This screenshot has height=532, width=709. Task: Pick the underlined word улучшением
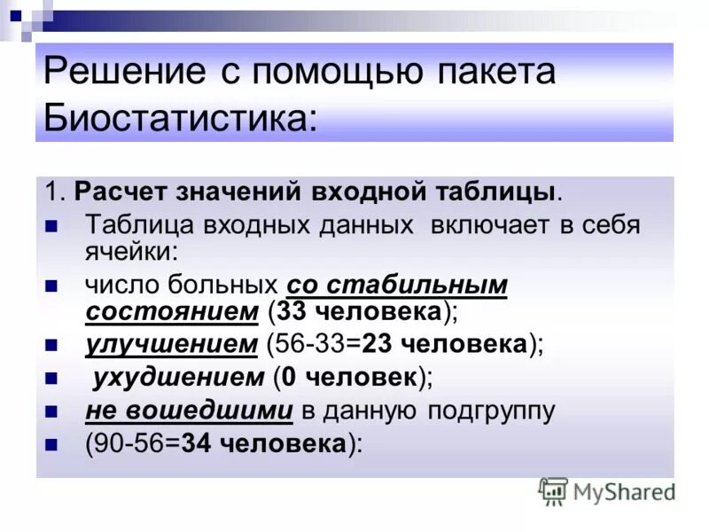pos(172,344)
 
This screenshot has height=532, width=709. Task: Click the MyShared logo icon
pos(554,490)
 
